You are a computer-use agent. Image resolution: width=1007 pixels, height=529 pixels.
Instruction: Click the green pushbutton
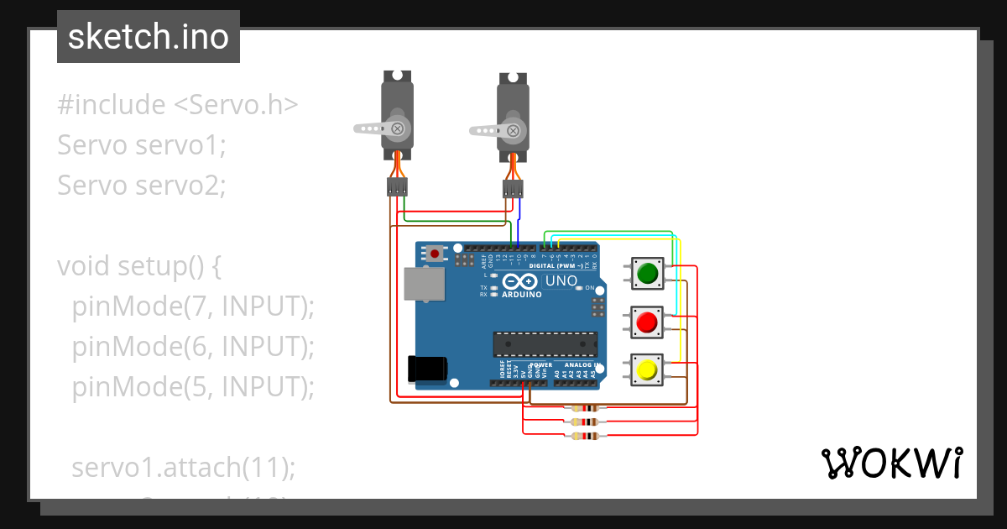[647, 274]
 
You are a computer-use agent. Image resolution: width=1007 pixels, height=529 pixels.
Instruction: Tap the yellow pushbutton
[647, 370]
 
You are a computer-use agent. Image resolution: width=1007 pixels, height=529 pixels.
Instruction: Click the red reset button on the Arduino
[435, 253]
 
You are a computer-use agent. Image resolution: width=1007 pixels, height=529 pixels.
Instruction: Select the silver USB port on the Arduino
[425, 284]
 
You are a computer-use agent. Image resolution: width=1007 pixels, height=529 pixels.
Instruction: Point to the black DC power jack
[426, 369]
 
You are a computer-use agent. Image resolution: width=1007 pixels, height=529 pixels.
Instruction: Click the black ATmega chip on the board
[545, 344]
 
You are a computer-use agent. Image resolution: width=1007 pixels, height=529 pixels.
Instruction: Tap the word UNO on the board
[561, 281]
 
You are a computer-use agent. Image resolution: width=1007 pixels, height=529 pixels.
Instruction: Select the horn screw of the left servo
[397, 128]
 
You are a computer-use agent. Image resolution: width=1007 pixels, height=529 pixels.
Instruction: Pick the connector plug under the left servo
[397, 186]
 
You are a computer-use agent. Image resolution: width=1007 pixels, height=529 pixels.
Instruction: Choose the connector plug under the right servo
[513, 189]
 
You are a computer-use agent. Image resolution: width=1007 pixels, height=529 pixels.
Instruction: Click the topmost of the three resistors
[585, 409]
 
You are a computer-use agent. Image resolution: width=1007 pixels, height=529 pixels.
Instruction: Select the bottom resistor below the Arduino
[585, 435]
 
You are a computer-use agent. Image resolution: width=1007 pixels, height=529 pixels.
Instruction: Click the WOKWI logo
[890, 464]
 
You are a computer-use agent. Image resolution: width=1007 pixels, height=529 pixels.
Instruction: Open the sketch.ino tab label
[149, 37]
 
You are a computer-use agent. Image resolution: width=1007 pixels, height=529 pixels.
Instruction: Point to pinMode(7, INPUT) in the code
[193, 306]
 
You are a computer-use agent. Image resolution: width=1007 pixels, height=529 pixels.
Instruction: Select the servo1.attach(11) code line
[184, 468]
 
